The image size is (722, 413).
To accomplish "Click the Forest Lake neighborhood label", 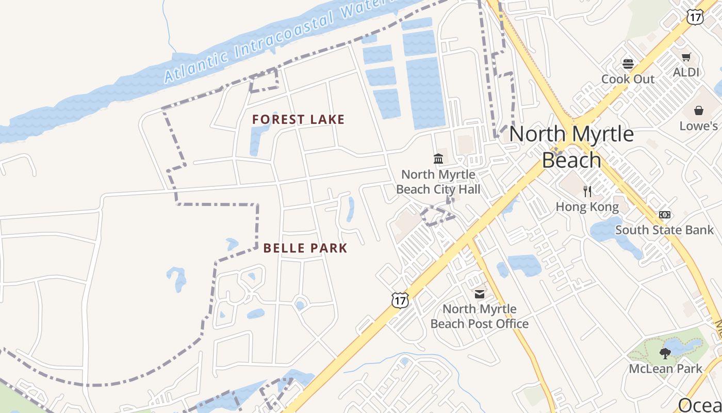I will click(x=298, y=120).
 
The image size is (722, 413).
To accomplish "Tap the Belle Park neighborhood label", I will click(x=305, y=248).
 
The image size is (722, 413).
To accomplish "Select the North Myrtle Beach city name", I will click(x=571, y=147).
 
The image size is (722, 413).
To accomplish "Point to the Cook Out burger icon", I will click(x=628, y=64).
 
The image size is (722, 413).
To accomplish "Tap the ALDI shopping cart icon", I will click(x=686, y=57).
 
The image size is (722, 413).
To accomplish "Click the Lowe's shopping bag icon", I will click(x=698, y=110).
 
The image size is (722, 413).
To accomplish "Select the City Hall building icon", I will click(x=438, y=158).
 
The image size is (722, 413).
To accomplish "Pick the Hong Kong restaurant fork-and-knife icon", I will click(x=587, y=192).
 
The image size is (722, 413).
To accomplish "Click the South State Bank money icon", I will click(x=665, y=214).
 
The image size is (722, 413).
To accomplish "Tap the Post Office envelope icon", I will click(x=480, y=294).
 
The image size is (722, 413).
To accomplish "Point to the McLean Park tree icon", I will click(x=665, y=354).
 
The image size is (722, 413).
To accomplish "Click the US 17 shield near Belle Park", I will click(x=400, y=299).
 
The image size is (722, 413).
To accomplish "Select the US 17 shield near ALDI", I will click(x=695, y=17).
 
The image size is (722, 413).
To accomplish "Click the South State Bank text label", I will click(x=664, y=230).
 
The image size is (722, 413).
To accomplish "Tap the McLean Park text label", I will click(x=665, y=369).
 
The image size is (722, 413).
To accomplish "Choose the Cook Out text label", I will click(x=628, y=79).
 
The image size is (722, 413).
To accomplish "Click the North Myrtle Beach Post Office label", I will click(x=480, y=316).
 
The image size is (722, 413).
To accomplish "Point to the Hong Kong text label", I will click(x=587, y=207).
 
